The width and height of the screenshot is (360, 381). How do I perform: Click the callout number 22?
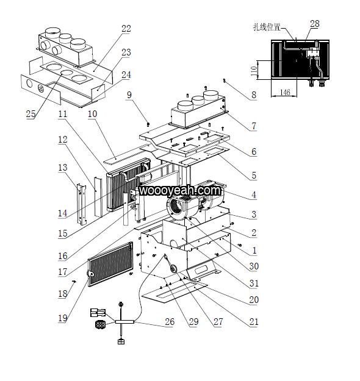coord(126,29)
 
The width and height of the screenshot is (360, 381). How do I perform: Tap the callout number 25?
coord(31,114)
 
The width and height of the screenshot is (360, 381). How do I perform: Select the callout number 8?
coord(254,95)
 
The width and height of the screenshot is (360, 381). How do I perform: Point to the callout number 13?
coord(62,168)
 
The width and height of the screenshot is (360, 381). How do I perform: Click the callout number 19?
coord(63,318)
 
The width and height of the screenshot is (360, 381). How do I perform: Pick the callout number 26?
coord(170,322)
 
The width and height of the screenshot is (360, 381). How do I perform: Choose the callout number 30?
coord(254,266)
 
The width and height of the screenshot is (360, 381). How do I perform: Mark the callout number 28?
coord(314,24)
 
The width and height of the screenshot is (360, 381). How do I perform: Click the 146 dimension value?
coord(285,92)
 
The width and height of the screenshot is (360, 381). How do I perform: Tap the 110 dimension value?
coord(254,71)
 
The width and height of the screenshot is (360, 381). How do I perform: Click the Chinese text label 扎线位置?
coord(267,27)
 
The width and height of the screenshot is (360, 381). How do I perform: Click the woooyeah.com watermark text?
coord(180,190)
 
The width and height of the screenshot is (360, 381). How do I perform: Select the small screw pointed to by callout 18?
coord(74,282)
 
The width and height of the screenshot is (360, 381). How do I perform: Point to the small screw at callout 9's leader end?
coord(148,124)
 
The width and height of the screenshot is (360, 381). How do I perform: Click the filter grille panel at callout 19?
coord(110,263)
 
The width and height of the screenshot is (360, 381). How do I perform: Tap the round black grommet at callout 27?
coord(173,269)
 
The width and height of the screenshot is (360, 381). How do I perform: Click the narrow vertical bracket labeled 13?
coord(81,205)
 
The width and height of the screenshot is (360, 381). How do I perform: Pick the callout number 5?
coord(254,176)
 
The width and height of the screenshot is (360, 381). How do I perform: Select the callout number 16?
coord(63,256)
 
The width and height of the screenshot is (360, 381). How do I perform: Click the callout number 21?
coord(254,322)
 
